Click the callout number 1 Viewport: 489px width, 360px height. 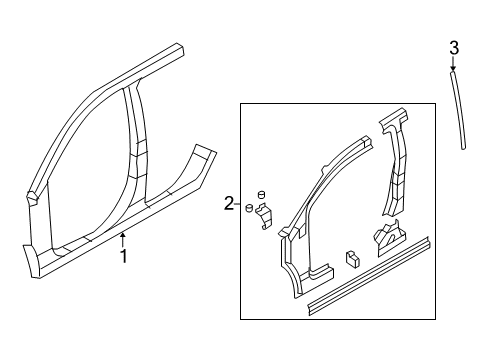tap(123, 256)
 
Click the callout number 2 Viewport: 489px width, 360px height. tap(230, 204)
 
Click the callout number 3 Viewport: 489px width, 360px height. tap(454, 47)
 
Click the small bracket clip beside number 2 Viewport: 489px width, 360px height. tap(264, 214)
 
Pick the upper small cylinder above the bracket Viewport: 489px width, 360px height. tap(262, 192)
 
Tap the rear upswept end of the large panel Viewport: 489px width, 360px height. tap(204, 159)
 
